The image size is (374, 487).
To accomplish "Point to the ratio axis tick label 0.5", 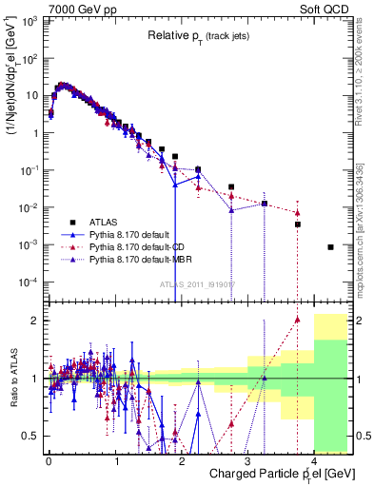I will (33, 436).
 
